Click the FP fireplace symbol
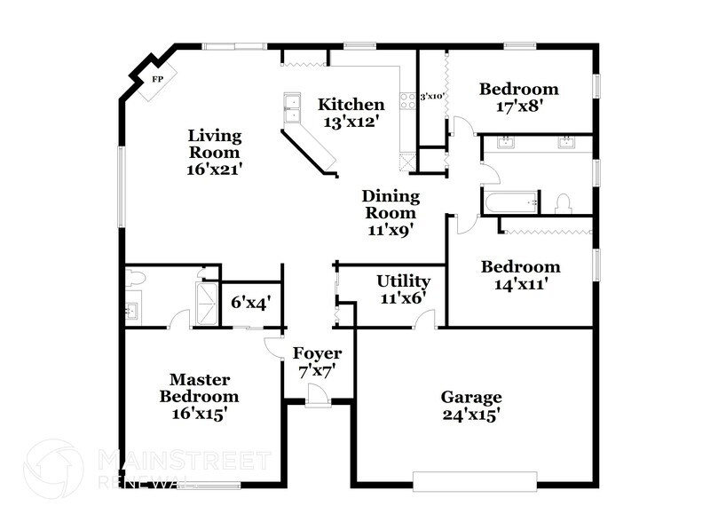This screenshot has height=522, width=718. coord(158,79)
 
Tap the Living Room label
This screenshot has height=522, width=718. coord(214,151)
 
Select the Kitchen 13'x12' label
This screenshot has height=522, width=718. coord(351,113)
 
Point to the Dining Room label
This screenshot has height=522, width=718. coord(391,212)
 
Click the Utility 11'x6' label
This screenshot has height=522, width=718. coord(403,290)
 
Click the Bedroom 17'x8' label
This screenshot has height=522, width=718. coord(519,97)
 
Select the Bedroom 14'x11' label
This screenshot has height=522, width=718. coord(520,275)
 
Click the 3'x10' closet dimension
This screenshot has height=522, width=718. coord(432,96)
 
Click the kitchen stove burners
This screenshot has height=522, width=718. coord(408,101)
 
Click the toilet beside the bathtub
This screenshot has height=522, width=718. coord(562,203)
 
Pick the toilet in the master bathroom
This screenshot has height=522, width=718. coord(135,279)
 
